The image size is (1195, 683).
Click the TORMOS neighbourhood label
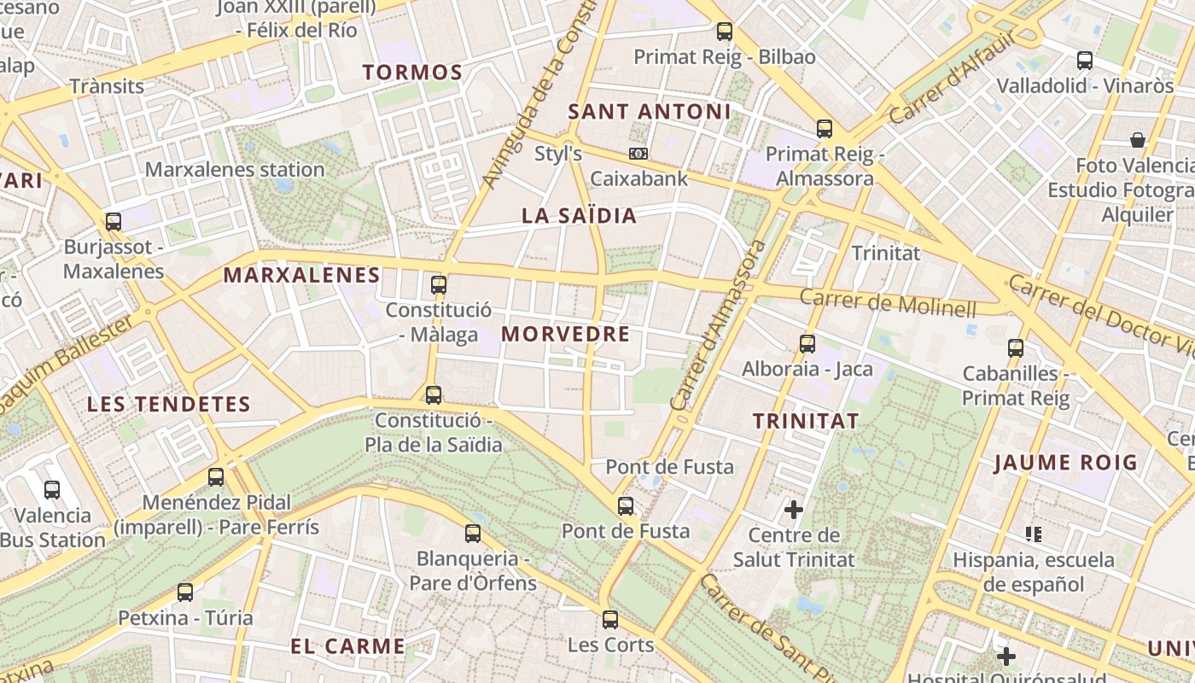point(412,73)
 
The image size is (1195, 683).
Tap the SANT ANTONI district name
point(650,112)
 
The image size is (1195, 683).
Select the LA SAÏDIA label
point(580,216)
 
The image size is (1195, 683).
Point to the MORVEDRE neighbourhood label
point(566,334)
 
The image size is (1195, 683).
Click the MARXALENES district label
point(301,275)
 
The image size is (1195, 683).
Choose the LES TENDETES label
point(169,404)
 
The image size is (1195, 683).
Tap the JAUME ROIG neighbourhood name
point(1065,463)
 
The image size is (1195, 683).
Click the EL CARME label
point(347,645)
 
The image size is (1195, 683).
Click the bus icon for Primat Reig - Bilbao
point(725,32)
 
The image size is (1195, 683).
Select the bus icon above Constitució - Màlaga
point(439,284)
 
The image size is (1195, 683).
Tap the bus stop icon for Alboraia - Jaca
point(807,344)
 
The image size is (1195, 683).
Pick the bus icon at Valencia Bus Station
point(52,490)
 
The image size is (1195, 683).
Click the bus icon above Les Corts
point(610,620)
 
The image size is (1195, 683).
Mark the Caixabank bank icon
point(638,154)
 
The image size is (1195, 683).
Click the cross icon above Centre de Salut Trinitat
point(794,510)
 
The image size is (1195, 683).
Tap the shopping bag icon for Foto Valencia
point(1137,140)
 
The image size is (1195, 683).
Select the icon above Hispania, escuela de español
point(1034,534)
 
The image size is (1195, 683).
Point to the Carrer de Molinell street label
point(888,302)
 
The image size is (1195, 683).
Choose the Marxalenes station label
point(235,169)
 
